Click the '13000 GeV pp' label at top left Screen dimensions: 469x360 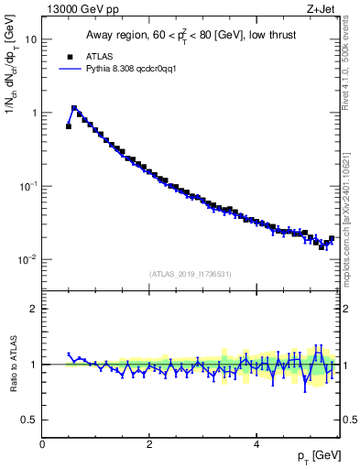(77, 9)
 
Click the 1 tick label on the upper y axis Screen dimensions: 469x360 (34, 113)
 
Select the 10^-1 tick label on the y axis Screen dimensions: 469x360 (28, 186)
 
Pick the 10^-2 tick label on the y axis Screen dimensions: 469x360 (28, 259)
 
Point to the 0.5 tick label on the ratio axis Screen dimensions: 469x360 (29, 420)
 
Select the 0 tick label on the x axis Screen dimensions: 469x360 (42, 445)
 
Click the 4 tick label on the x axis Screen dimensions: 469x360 (256, 445)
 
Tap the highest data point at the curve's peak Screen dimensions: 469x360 (74, 108)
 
